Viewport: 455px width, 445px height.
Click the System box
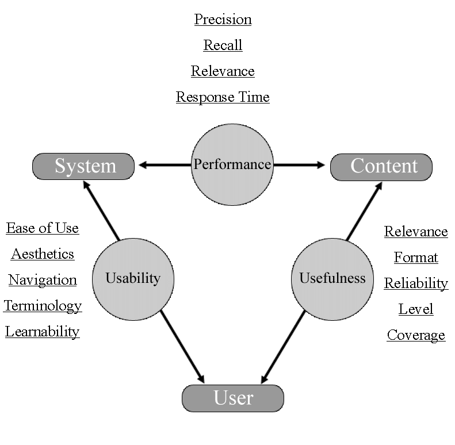tap(83, 166)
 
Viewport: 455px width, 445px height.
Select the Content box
tap(381, 166)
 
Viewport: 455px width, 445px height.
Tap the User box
tap(233, 398)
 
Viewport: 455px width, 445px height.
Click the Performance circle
tap(232, 164)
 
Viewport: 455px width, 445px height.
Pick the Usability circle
tap(133, 279)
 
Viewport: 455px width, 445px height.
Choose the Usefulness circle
tap(332, 279)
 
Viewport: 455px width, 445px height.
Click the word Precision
tap(223, 20)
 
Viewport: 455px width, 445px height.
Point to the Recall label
tap(223, 45)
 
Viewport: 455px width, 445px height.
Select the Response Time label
tap(223, 97)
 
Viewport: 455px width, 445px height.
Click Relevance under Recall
tap(223, 71)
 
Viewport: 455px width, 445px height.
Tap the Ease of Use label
tap(43, 228)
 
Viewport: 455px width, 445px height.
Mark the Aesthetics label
tap(43, 254)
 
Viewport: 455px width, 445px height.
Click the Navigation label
tap(43, 280)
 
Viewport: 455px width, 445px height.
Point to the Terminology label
tap(43, 306)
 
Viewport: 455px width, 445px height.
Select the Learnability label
tap(43, 332)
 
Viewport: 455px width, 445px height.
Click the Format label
tap(416, 258)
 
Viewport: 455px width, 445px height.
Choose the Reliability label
tap(416, 283)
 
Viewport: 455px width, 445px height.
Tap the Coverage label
tap(416, 335)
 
